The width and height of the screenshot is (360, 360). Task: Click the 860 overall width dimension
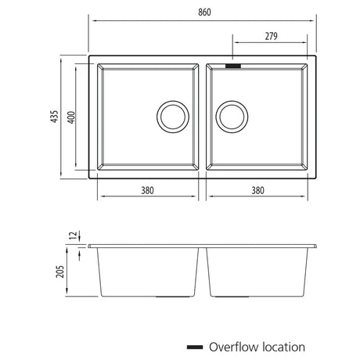(204, 12)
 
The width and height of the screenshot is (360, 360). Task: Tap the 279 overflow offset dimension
(271, 36)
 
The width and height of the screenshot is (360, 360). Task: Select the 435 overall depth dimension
(54, 117)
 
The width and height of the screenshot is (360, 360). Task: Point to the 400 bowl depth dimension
(71, 117)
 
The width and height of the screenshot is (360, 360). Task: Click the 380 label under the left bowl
(147, 190)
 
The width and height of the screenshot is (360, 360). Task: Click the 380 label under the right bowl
(257, 190)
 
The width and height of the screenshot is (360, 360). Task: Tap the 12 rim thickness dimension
(74, 236)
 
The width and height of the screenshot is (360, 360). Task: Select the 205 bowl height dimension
(60, 272)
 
